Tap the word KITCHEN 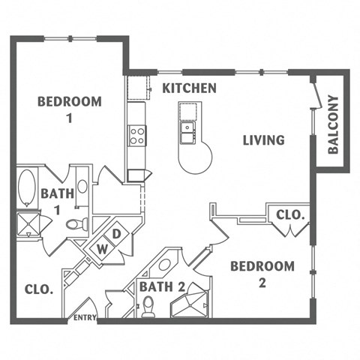pyautogui.click(x=190, y=88)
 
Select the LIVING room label pyautogui.click(x=263, y=139)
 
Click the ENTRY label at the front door pyautogui.click(x=85, y=319)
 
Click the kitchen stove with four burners pyautogui.click(x=137, y=136)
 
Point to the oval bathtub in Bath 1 pyautogui.click(x=26, y=187)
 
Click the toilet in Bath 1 pyautogui.click(x=76, y=223)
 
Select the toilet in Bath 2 pyautogui.click(x=148, y=306)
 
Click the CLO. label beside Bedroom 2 pyautogui.click(x=290, y=214)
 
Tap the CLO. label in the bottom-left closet pyautogui.click(x=38, y=289)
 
